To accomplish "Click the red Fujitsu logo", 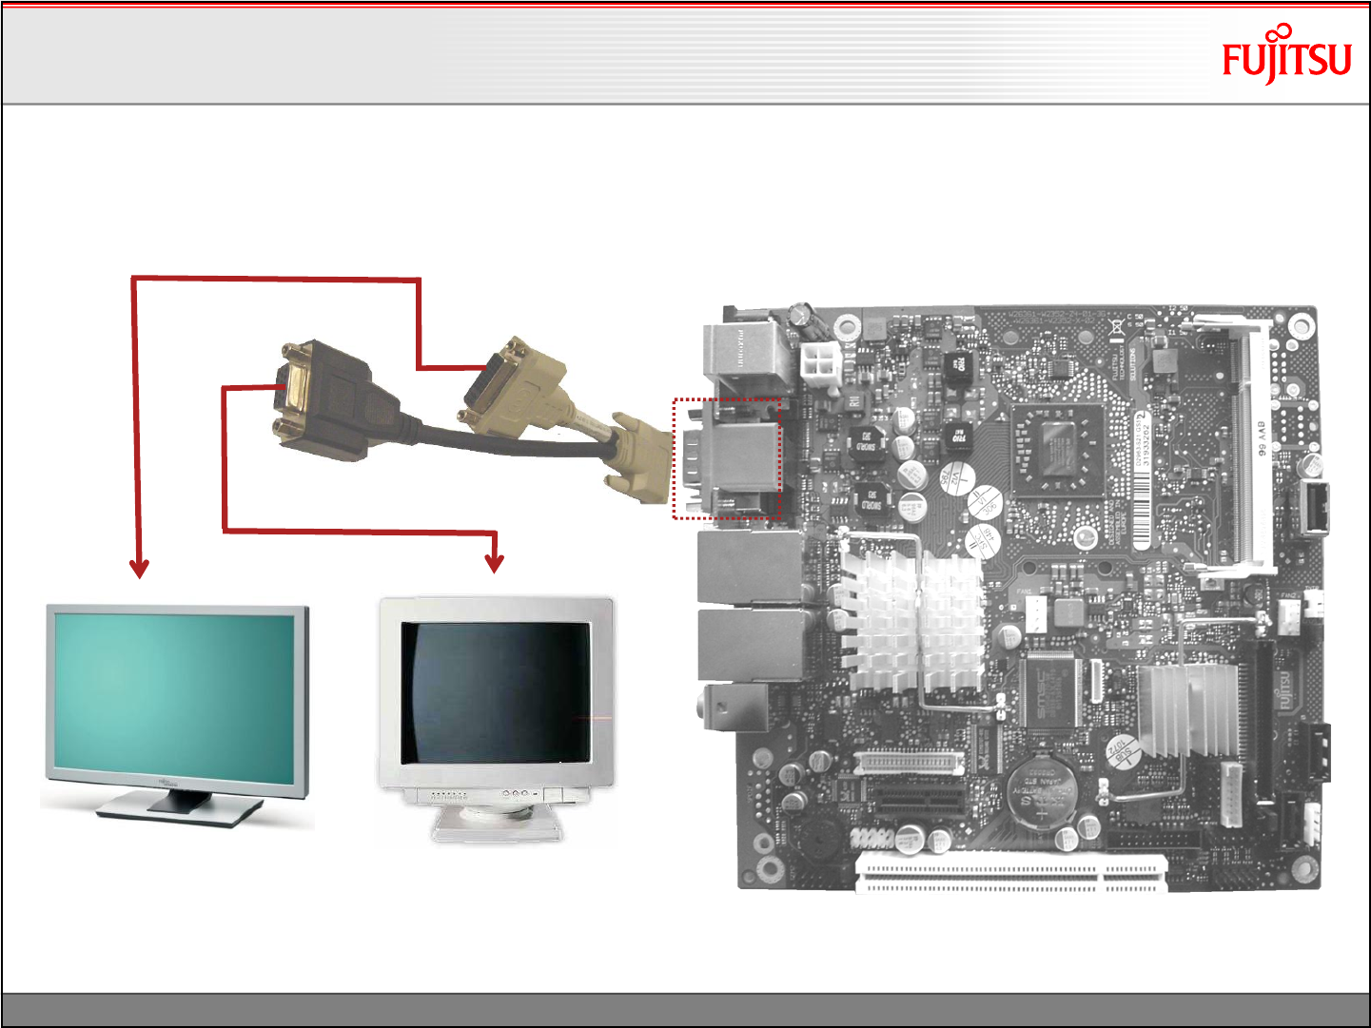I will coord(1286,57).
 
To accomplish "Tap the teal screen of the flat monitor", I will coord(176,691).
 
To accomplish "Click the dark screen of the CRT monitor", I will coord(495,691).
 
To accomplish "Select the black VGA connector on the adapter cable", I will coord(323,399).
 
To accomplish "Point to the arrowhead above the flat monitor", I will coord(140,569).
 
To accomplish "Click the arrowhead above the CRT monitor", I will coord(494,563).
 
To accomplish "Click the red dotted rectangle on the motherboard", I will coord(727,459).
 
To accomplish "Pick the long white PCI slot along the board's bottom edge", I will coord(1011,873).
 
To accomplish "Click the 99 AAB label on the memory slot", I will coord(1263,438).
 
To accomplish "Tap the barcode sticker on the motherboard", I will coord(1142,480).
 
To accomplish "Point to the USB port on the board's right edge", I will coord(1314,509).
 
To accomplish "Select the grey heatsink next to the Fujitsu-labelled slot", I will coord(1189,709).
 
